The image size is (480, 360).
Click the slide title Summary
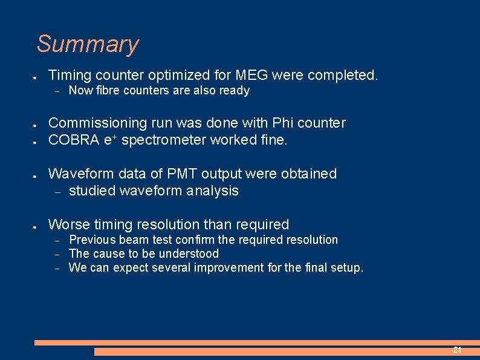88,44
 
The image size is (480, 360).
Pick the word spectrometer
155,140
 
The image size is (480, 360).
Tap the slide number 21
457,350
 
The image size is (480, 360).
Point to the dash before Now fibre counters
55,91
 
